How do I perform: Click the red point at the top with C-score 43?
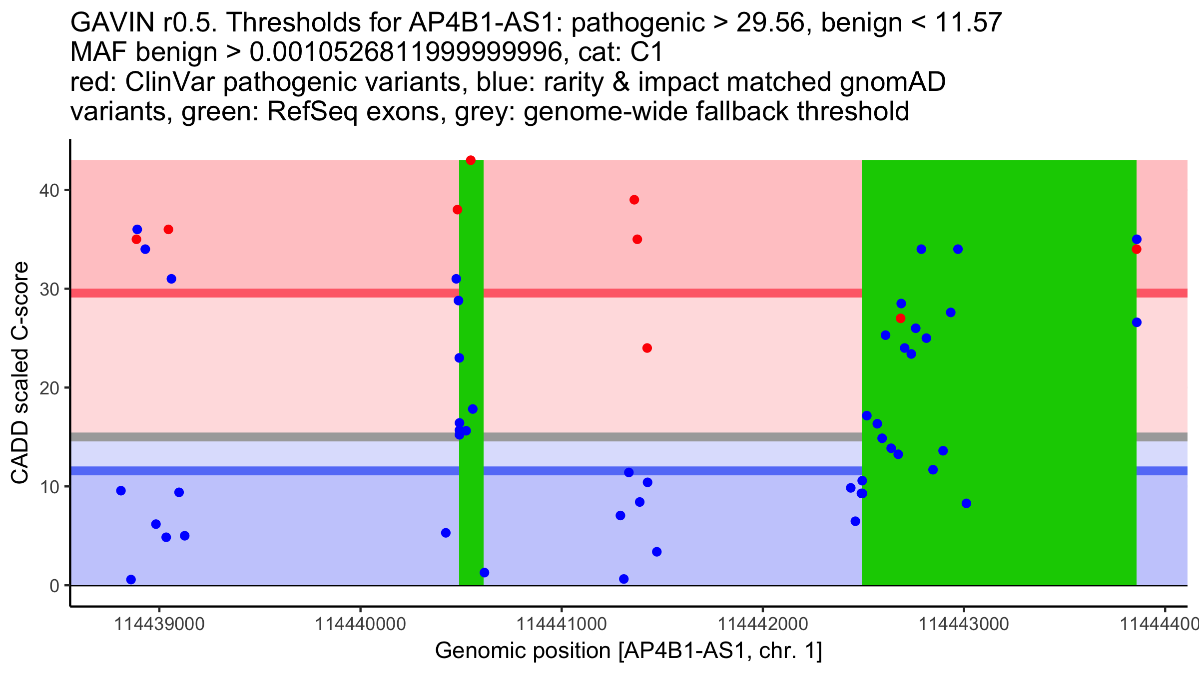(x=471, y=160)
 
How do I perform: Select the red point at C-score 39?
(x=634, y=200)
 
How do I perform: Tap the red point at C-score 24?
(x=647, y=348)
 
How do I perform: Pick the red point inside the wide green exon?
(x=900, y=318)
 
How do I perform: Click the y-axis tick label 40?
(x=48, y=190)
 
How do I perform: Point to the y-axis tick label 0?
(x=54, y=586)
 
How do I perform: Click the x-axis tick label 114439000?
(x=159, y=624)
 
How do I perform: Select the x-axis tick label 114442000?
(x=762, y=624)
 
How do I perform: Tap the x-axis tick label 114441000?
(x=561, y=624)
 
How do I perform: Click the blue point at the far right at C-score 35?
(x=1137, y=239)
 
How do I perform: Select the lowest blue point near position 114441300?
(x=623, y=579)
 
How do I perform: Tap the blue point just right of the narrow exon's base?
(x=484, y=573)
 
